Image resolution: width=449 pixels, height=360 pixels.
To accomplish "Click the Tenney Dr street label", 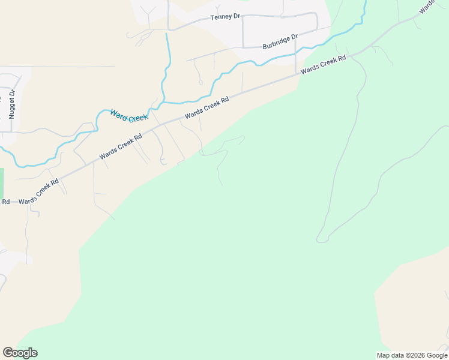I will point(225,17).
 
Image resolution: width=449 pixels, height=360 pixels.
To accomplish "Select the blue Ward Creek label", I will point(128,115).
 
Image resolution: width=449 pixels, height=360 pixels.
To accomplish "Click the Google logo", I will point(20,353).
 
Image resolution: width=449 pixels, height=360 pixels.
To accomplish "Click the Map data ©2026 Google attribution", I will point(412,355).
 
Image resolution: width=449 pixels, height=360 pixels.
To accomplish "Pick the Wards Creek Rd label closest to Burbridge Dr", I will point(324,64).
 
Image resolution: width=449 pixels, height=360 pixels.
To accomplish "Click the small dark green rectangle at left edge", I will point(2,183).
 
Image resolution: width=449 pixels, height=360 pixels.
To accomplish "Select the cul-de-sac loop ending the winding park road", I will point(322,240).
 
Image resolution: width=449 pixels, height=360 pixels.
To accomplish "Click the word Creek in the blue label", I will point(137,118).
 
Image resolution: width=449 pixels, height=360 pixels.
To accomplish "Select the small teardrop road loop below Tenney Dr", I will point(200,82).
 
